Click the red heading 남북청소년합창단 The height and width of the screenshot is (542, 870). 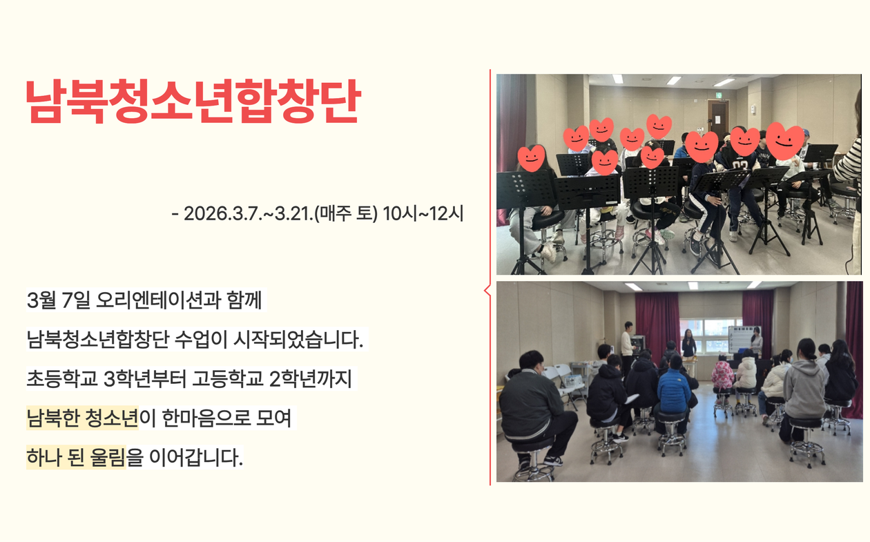point(193,101)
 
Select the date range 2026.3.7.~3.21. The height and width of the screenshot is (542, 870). point(248,213)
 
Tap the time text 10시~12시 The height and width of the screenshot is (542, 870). point(423,213)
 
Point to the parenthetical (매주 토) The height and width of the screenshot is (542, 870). point(346,213)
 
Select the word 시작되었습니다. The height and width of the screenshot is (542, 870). point(298,339)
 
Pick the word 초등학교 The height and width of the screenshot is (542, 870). point(61,378)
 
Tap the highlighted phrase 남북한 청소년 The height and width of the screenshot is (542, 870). point(82,418)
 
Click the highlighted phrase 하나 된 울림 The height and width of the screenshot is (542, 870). point(76,457)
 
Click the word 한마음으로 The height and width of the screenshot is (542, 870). point(206,418)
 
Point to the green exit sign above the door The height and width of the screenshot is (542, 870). point(719,95)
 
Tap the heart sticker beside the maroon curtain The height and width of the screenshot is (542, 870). point(532,158)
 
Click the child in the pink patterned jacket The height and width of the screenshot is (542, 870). point(722,375)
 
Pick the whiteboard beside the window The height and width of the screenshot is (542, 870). point(744,338)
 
